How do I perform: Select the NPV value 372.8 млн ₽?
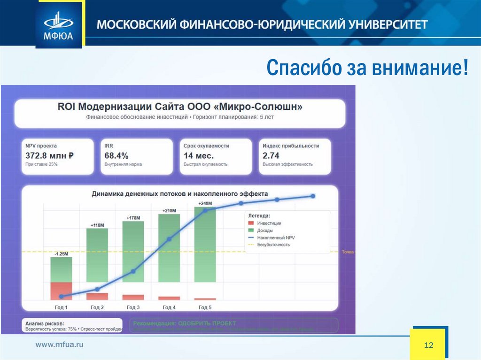coord(50,155)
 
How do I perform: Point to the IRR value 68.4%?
coord(116,155)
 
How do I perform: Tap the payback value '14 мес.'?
coord(198,155)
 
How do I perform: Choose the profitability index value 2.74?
coord(271,155)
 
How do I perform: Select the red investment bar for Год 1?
coord(61,291)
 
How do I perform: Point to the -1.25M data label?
coord(61,253)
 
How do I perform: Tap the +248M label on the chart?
coord(205,203)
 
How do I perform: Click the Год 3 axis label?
coord(133,307)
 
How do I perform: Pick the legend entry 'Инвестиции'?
coord(269,223)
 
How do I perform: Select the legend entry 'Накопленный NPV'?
coord(276,237)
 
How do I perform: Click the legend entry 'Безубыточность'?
coord(273,245)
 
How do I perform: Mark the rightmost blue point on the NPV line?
coord(313,196)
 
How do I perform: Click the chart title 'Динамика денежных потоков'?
coord(180,193)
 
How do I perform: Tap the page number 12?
coord(428,345)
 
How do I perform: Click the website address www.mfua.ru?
coord(60,345)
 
